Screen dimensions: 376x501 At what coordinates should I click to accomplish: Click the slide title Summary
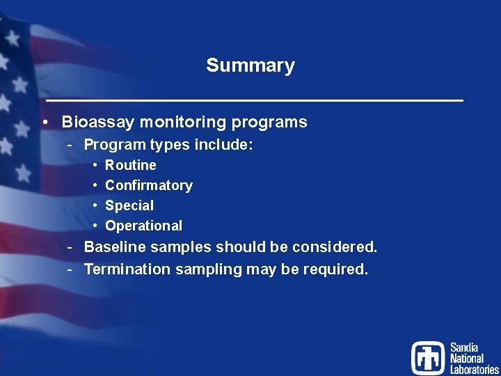[x=250, y=65]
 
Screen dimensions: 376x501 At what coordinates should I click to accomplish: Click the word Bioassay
[x=97, y=123]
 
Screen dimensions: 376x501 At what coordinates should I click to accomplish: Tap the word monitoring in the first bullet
[x=184, y=123]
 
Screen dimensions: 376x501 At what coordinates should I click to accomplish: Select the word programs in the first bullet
[x=269, y=123]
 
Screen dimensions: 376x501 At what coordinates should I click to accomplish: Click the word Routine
[x=130, y=165]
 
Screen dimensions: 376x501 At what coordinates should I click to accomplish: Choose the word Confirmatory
[x=148, y=185]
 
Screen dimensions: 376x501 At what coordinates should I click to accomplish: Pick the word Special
[x=129, y=205]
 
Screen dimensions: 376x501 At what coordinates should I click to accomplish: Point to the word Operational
[x=143, y=226]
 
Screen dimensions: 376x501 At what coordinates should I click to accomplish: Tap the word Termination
[x=127, y=269]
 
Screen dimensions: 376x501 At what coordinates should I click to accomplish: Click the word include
[x=224, y=146]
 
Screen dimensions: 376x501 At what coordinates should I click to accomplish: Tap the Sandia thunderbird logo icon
[x=427, y=358]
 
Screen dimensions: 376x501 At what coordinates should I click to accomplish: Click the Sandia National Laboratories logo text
[x=473, y=358]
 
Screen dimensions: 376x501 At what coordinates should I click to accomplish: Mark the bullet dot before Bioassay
[x=44, y=123]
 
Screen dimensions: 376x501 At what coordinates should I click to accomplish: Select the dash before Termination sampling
[x=71, y=269]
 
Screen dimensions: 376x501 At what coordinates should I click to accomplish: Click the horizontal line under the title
[x=250, y=101]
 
